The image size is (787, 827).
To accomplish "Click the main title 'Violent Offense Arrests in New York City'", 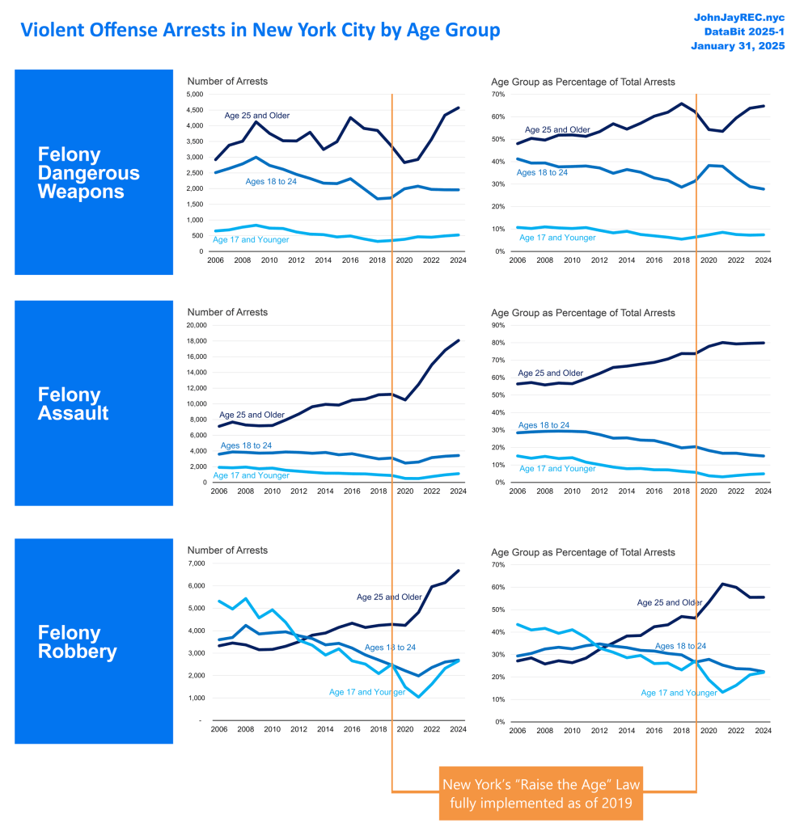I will (x=260, y=30).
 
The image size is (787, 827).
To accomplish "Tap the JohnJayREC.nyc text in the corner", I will (x=733, y=16).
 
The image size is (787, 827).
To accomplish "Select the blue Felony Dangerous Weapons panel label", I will (x=94, y=172).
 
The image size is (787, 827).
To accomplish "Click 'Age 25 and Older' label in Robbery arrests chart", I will (x=389, y=597).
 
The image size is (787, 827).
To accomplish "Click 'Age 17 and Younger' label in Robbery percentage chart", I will (x=679, y=693).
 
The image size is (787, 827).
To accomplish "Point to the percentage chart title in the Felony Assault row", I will (x=583, y=312).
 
